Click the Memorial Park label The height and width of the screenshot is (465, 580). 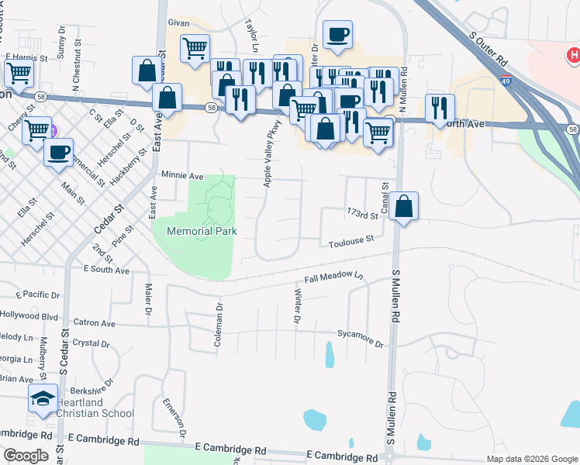click(x=202, y=231)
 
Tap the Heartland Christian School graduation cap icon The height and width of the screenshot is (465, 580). click(x=43, y=399)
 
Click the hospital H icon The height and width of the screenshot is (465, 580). click(x=573, y=55)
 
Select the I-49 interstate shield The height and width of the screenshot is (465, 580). click(x=506, y=79)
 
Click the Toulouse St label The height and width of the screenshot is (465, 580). click(x=351, y=241)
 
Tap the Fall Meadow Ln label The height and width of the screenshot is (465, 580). click(x=333, y=277)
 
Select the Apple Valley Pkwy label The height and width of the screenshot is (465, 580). click(x=271, y=158)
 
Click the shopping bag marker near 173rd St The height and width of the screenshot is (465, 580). click(x=403, y=206)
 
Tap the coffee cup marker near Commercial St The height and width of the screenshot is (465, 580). click(x=58, y=152)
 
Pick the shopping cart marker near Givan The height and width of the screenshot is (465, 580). click(x=195, y=48)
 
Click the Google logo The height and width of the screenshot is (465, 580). click(x=26, y=456)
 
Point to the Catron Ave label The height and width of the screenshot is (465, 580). click(x=94, y=322)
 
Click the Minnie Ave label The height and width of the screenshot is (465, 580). click(x=181, y=176)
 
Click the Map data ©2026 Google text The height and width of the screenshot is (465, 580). click(x=531, y=459)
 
